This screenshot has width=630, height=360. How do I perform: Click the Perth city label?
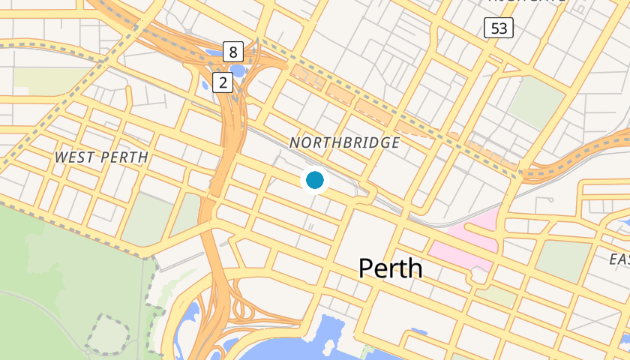[390, 268]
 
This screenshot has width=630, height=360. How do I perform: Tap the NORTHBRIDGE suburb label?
[345, 142]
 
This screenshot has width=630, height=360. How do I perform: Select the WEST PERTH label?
[101, 157]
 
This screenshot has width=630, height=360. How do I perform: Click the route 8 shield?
[234, 52]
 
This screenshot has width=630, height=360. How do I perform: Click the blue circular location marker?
[315, 180]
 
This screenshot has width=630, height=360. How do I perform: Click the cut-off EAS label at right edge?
[619, 259]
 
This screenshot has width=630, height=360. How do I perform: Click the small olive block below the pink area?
[497, 296]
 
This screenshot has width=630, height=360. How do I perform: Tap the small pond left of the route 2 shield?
[205, 84]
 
